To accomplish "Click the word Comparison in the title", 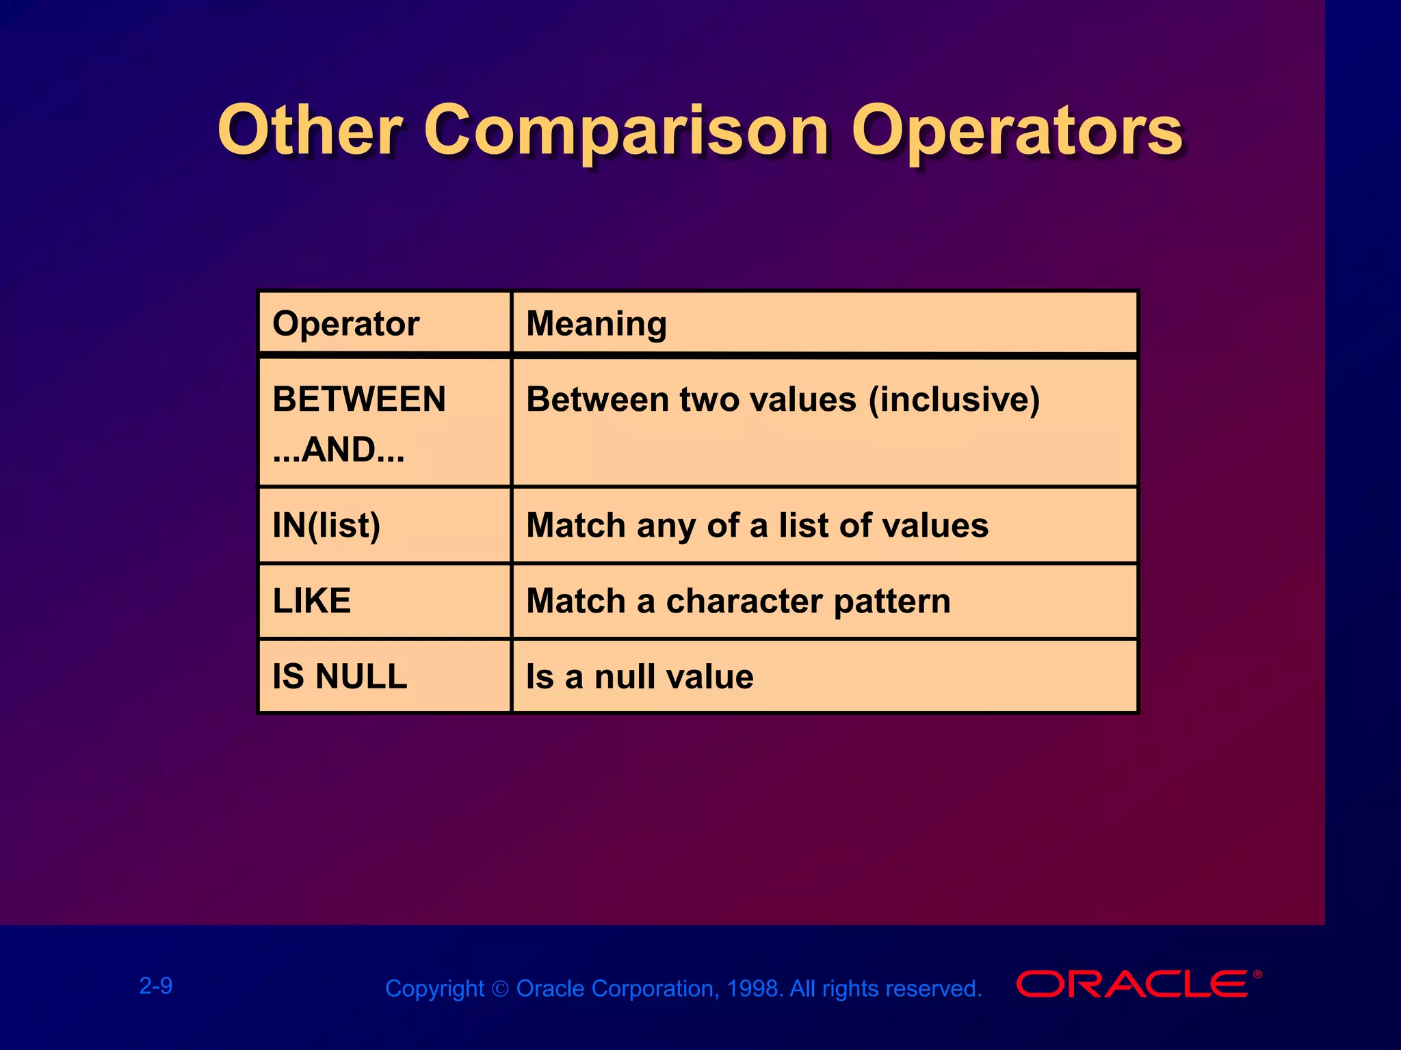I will (626, 131).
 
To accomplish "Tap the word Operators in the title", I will (1017, 131).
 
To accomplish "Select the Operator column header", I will (345, 323).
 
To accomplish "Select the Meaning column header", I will (596, 323).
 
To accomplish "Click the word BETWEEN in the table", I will (359, 399).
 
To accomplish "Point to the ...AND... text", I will (339, 450).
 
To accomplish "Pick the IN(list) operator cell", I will (326, 526).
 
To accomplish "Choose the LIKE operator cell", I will (312, 601).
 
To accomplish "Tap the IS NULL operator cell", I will (340, 677).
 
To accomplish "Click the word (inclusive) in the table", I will (954, 399).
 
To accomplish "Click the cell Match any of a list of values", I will (757, 526).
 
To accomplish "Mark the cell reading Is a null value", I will (640, 677).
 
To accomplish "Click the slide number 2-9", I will (156, 986).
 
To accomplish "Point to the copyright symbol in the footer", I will (500, 989).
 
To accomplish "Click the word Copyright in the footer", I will (434, 989).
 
